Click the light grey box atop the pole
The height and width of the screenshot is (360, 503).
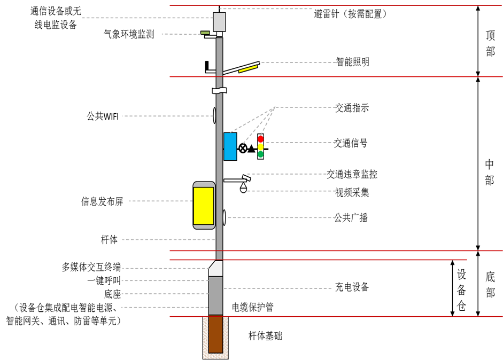coord(219,22)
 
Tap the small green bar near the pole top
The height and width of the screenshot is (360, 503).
coord(205,33)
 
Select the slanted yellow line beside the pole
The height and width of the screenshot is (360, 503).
coord(248,68)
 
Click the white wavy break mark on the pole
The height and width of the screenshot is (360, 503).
coord(219,91)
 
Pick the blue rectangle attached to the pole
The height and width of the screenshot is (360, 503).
coord(230,146)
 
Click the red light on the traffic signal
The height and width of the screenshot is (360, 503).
coord(260,139)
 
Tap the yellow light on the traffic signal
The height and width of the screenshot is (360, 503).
coord(260,146)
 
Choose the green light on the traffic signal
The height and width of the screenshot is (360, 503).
coord(260,154)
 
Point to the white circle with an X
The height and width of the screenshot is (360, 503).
coord(243,148)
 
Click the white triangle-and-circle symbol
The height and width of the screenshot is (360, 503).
coord(243,187)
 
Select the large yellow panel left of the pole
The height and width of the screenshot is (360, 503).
coord(204,206)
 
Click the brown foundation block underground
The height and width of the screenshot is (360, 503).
coord(215,334)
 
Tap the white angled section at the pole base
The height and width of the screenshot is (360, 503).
coord(216,269)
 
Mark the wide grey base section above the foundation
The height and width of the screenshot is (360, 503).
coord(215,295)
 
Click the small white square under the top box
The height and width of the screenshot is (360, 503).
coord(219,34)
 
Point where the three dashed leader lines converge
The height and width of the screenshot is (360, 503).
coord(275,107)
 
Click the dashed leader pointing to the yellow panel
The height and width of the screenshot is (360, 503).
coord(160,201)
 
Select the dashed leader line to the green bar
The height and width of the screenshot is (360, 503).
coord(182,34)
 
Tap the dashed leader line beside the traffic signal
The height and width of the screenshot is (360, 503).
coord(300,143)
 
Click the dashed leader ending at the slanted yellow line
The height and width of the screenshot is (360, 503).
coord(297,63)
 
